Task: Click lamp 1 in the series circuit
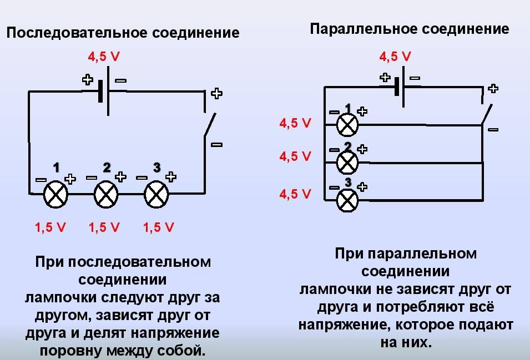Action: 55,195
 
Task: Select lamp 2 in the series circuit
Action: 107,195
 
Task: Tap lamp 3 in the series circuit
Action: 156,195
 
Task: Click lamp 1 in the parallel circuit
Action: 347,124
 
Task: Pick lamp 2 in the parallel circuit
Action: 347,163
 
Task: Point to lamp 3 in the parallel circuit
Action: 347,200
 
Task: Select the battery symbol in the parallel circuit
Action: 399,86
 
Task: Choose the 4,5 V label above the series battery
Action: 104,57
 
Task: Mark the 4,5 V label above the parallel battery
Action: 395,56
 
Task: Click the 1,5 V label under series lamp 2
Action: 105,227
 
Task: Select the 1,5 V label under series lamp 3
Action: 159,227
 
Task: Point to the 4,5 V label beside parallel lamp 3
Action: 295,194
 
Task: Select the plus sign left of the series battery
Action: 87,79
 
